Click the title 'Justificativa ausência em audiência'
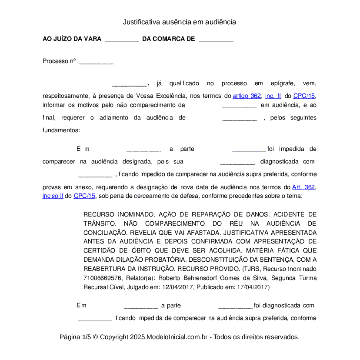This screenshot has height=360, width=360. [x=179, y=22]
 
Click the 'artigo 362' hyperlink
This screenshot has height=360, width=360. [x=247, y=96]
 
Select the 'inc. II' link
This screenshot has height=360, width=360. [x=273, y=96]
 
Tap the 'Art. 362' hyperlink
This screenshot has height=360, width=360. [x=304, y=187]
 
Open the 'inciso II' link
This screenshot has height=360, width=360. [x=53, y=196]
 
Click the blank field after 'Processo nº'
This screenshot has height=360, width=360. [x=96, y=62]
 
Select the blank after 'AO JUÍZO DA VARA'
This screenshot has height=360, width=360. [x=122, y=39]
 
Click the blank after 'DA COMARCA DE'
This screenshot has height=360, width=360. [x=216, y=39]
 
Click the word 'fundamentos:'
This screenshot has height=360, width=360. [x=61, y=130]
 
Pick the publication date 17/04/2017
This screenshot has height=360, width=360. [x=254, y=287]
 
